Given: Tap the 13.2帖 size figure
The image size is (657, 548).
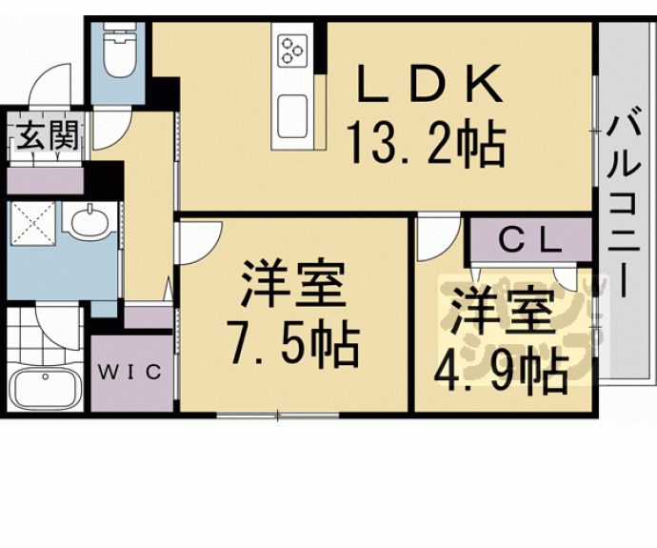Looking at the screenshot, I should (425, 146).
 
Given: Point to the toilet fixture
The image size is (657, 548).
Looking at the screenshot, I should (118, 53).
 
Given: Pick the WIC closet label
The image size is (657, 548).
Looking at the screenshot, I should (133, 370).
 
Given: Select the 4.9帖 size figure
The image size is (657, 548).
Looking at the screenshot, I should (503, 373).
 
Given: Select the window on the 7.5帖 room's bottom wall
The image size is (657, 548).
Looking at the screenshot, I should (277, 415).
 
